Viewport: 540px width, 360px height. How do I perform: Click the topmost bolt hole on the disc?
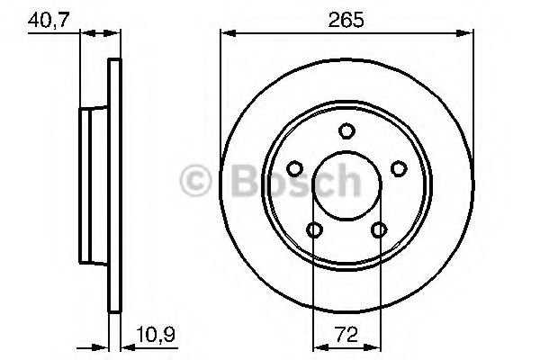346,132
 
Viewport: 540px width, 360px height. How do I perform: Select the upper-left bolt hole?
294,168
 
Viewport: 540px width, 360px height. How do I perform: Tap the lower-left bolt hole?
314,230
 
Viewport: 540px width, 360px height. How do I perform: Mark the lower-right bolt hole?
379,230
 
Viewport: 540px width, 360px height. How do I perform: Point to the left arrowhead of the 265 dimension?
227,34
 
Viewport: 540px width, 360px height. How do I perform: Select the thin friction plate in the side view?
113,185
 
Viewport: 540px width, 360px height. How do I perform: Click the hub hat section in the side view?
92,185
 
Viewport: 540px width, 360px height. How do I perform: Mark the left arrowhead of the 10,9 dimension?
103,342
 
